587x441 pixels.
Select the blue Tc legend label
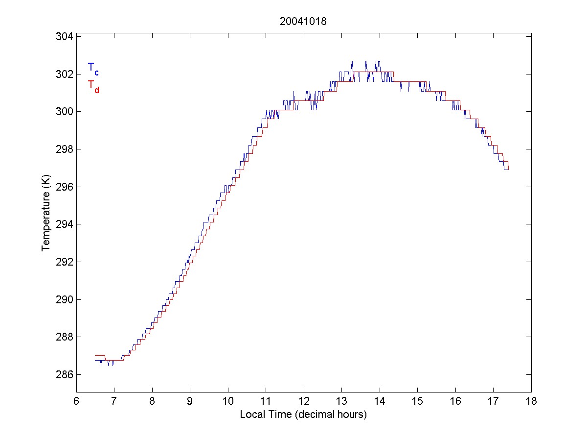[93, 68]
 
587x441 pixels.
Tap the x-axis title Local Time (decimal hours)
[303, 415]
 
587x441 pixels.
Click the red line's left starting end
[95, 355]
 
